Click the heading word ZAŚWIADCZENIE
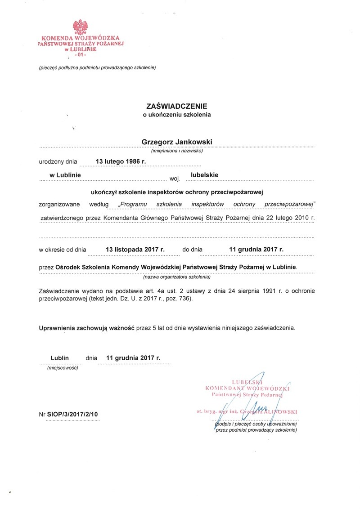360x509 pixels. click(x=176, y=107)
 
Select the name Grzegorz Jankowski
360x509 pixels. click(x=176, y=142)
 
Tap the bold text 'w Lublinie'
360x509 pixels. click(x=65, y=174)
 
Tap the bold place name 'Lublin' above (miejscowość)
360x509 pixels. click(x=59, y=358)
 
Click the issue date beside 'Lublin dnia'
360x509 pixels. click(x=133, y=358)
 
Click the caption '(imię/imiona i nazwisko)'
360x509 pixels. click(x=177, y=151)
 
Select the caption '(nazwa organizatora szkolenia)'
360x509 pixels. click(x=176, y=277)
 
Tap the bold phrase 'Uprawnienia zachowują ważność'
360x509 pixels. click(x=87, y=328)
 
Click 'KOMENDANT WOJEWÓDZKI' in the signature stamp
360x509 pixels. click(x=247, y=387)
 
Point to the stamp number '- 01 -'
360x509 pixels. click(x=80, y=55)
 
